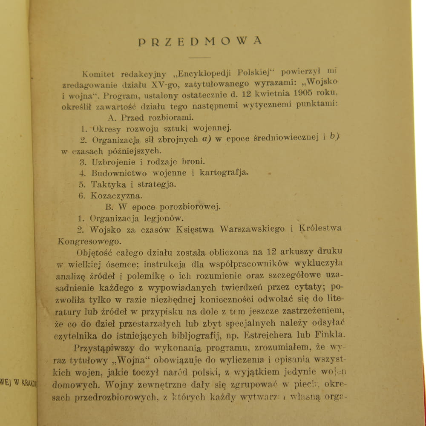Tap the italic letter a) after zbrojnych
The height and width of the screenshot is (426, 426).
pyautogui.click(x=207, y=138)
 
